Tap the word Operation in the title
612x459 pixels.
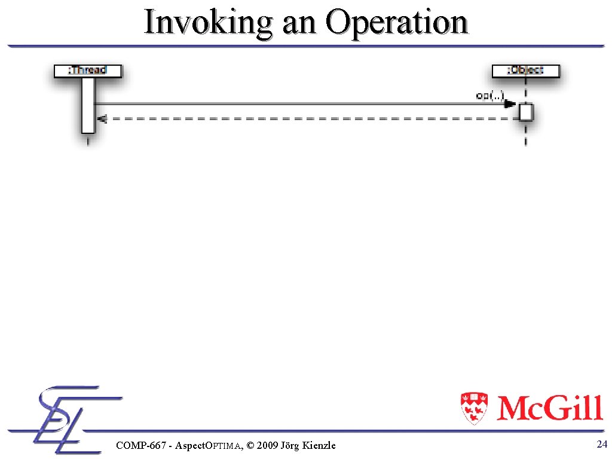tap(396, 23)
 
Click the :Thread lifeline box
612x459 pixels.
tap(88, 71)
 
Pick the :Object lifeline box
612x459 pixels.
tap(526, 71)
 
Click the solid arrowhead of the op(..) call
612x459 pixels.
tap(509, 104)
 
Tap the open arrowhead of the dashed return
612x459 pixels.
tap(102, 119)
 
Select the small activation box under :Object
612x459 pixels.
tap(526, 112)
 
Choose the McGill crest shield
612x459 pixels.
tap(475, 408)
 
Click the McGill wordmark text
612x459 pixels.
tap(549, 408)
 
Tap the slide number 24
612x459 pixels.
tap(602, 443)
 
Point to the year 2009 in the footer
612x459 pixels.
tap(268, 445)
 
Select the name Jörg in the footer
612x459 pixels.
tap(291, 445)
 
